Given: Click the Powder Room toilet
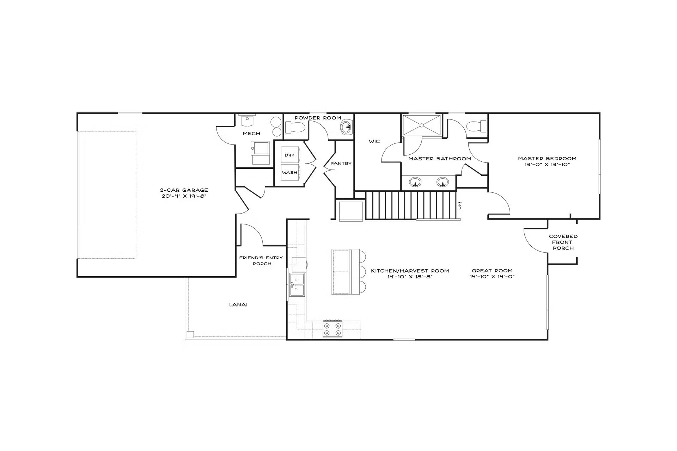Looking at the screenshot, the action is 294,127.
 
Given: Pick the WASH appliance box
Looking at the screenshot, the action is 290,172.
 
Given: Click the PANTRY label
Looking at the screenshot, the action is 341,163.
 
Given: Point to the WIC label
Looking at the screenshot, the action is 374,142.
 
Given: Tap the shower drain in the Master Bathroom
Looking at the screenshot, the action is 421,125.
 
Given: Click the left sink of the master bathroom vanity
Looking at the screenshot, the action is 415,182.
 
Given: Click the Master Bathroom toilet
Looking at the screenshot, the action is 476,126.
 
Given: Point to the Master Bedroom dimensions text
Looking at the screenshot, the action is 547,165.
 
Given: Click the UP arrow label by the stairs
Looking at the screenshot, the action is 460,206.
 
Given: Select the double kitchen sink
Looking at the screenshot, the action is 297,285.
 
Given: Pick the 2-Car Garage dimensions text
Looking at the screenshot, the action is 184,196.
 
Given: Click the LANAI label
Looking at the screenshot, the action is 238,304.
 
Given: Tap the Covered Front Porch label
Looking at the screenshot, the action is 563,242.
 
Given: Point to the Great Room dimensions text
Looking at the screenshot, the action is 492,277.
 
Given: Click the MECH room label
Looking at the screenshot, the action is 251,134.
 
